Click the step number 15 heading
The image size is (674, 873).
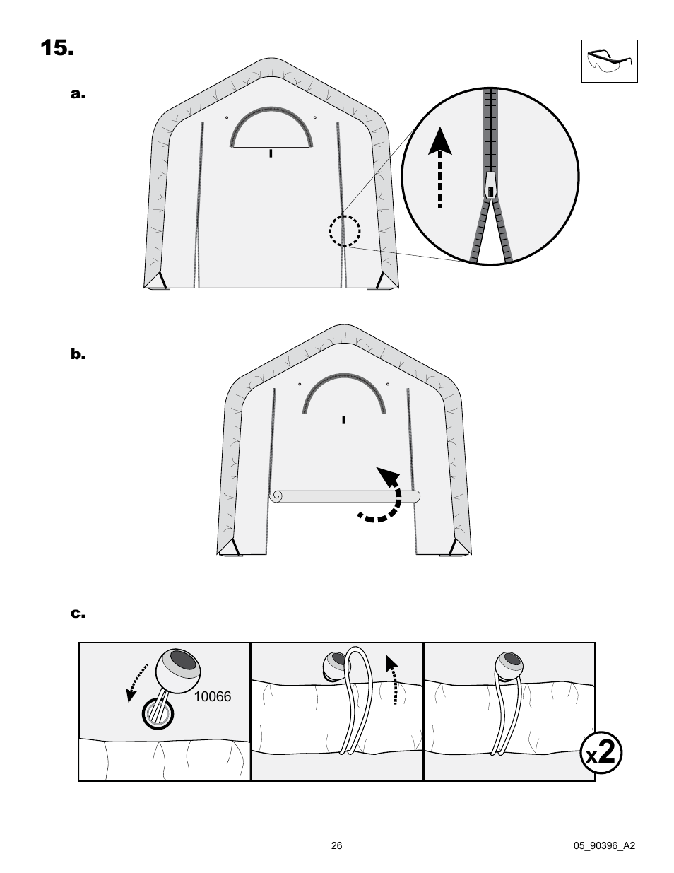coord(57,48)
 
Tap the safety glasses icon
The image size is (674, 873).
coord(609,61)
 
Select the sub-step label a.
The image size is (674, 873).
coord(78,94)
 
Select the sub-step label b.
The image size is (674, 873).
coord(78,354)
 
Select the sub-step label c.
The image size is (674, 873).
coord(78,614)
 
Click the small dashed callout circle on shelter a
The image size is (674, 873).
coord(345,230)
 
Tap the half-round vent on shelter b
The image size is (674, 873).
coord(343,397)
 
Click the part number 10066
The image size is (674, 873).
coord(213,696)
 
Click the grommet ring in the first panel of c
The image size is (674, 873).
coord(158,713)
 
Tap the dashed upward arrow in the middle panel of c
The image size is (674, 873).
coord(392,679)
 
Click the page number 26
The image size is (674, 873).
coord(337,845)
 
